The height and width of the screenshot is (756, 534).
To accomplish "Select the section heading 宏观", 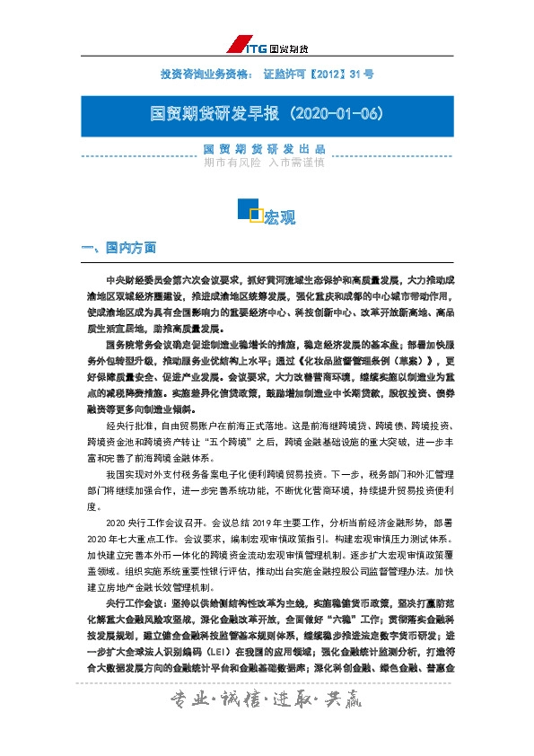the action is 279,217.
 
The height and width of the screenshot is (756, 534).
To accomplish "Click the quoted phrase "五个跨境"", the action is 224,443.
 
